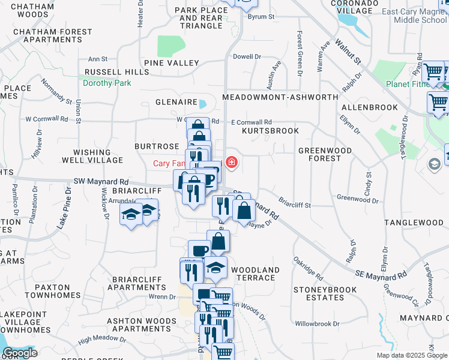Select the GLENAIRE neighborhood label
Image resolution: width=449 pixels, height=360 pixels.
[176, 102]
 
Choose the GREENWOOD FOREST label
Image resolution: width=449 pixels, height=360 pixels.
[325, 155]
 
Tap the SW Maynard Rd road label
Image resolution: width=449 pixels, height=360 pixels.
[101, 181]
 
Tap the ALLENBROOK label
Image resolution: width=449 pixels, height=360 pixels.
[369, 107]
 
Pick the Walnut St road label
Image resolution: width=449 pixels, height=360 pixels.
[348, 52]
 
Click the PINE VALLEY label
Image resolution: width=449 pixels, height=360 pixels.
[171, 63]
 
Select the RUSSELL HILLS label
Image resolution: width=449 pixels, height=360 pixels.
[116, 72]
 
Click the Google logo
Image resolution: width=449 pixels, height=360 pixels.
[20, 353]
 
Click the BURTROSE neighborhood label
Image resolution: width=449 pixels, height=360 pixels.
[157, 146]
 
